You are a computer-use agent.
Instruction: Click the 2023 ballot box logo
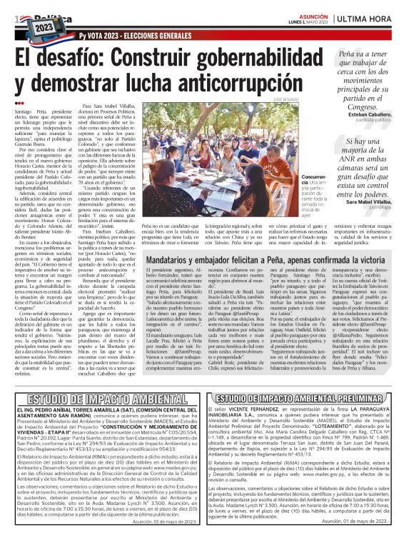click(x=44, y=24)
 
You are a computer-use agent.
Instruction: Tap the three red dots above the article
click(x=19, y=104)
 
